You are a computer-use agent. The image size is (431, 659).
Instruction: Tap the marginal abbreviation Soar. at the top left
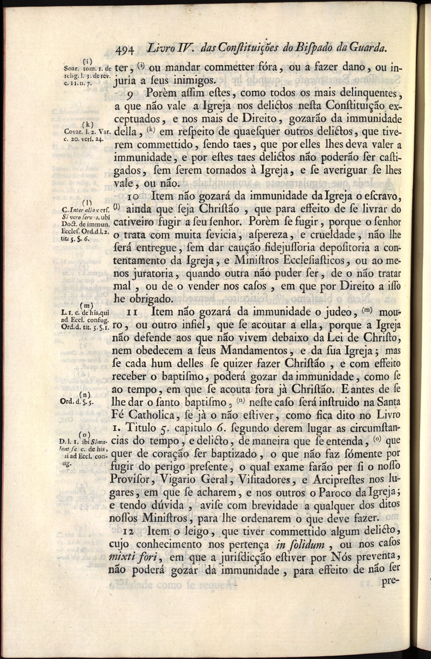[66, 69]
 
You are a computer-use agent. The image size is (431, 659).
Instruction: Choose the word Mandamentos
[254, 351]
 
